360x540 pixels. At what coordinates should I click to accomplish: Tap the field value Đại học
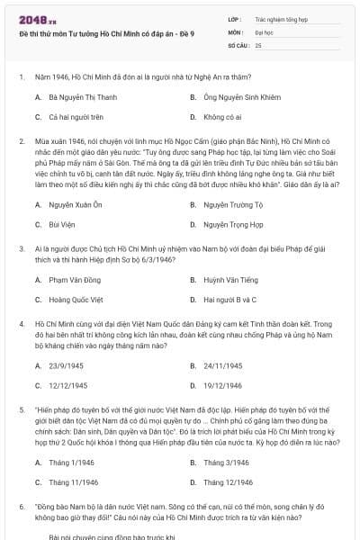pos(264,31)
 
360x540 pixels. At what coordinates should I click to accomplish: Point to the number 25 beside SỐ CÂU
pos(258,44)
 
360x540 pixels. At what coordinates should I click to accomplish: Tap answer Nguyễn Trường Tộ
pos(232,205)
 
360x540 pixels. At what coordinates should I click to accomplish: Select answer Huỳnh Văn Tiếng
pos(230,280)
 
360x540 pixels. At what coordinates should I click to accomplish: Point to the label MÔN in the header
pos(235,31)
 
